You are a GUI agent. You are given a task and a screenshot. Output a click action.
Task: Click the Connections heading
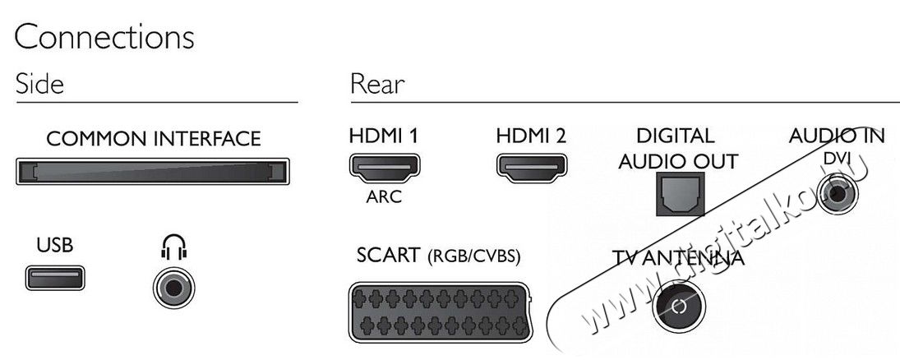(104, 38)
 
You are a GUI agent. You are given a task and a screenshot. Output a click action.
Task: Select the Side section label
(39, 84)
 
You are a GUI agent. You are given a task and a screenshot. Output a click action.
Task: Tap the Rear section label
(377, 84)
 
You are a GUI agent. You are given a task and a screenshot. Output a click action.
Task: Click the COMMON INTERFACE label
(153, 138)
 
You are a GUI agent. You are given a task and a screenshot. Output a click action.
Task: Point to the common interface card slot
(153, 171)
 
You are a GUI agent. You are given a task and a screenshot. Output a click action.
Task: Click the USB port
(55, 278)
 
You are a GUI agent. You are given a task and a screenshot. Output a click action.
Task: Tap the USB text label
(54, 246)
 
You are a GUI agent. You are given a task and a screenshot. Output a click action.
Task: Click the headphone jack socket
(174, 288)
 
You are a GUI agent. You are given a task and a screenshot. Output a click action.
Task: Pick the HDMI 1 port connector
(385, 168)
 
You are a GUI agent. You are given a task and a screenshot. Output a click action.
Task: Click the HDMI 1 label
(383, 136)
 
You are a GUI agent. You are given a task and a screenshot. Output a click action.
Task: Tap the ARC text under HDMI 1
(384, 197)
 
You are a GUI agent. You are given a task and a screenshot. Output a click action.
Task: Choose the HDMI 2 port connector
(532, 168)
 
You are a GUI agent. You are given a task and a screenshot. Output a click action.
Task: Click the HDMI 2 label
(531, 136)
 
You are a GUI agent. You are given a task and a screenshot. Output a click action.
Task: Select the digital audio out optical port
(681, 195)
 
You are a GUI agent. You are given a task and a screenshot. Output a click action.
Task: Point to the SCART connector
(441, 312)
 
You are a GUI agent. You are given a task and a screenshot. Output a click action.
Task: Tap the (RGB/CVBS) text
(474, 256)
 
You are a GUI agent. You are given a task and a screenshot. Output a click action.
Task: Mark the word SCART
(388, 256)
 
